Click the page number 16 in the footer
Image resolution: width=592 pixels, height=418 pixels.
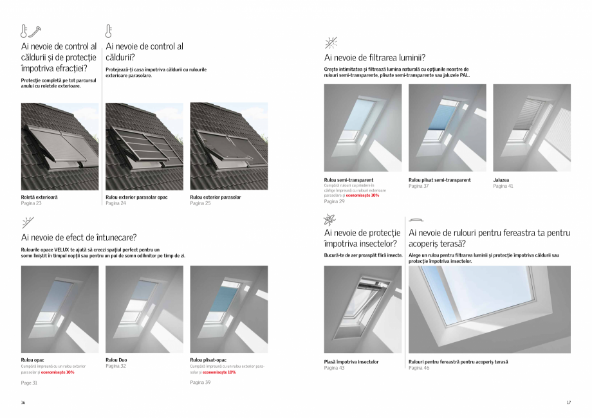click(23, 403)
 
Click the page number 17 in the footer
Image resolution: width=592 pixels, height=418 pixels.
click(568, 403)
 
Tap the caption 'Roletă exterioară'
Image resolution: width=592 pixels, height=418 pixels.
click(39, 197)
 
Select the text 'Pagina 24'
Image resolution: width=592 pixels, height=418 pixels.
click(116, 203)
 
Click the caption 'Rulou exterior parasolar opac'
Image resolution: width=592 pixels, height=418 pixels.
click(136, 197)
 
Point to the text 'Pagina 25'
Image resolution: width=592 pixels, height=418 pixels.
click(201, 203)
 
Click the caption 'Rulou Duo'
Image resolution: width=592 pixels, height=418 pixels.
click(116, 360)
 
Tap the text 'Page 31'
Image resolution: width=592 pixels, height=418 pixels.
click(30, 383)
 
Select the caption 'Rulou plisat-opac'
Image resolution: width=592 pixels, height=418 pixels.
click(208, 360)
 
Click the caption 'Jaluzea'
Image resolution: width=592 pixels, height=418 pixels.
click(501, 180)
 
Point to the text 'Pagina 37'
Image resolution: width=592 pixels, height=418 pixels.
click(419, 186)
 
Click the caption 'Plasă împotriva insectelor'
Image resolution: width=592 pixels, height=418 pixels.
click(351, 361)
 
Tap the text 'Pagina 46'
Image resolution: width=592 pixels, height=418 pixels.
click(419, 368)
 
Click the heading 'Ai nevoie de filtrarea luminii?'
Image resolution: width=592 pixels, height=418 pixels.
click(375, 58)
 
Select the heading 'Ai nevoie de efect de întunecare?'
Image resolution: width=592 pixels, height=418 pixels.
click(79, 237)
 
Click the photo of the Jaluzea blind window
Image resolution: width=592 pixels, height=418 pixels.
click(532, 127)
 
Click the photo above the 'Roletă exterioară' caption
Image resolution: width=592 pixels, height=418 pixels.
click(60, 147)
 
